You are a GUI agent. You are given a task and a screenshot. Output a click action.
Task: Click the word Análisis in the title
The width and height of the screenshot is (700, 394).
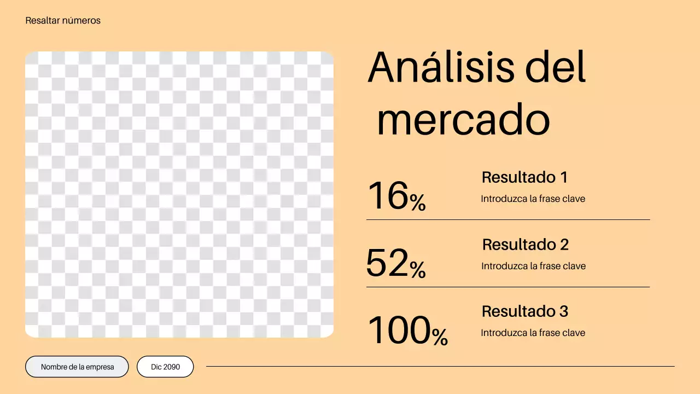click(x=441, y=68)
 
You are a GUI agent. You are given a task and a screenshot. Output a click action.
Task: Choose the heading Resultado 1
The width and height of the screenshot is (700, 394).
click(x=524, y=177)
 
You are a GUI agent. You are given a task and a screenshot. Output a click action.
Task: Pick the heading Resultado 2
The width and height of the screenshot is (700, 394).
click(x=525, y=245)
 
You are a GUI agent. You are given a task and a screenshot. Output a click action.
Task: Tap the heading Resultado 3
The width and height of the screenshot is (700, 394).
click(x=524, y=311)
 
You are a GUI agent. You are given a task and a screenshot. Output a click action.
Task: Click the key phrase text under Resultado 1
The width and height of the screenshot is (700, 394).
click(x=533, y=199)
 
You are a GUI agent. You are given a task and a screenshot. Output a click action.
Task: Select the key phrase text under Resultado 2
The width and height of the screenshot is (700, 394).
click(x=533, y=266)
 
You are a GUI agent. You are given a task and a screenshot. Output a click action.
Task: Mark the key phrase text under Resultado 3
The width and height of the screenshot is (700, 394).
click(x=533, y=333)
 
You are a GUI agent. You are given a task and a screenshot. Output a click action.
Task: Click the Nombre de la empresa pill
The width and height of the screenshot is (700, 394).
click(x=77, y=367)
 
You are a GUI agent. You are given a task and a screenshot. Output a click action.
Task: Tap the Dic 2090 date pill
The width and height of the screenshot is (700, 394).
click(x=165, y=367)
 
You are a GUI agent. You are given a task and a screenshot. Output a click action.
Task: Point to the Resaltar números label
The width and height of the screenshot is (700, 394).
click(x=63, y=21)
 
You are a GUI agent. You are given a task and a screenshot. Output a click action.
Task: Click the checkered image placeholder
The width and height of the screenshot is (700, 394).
click(x=179, y=194)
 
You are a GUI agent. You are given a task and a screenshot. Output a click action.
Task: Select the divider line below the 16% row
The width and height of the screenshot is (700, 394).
click(x=508, y=220)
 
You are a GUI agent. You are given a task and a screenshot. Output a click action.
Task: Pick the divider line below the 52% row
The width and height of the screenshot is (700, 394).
click(x=508, y=287)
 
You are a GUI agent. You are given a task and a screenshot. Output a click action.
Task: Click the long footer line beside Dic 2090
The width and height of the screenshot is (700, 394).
click(x=440, y=366)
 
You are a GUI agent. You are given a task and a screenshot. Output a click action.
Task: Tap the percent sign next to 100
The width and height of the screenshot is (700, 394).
click(x=440, y=337)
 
